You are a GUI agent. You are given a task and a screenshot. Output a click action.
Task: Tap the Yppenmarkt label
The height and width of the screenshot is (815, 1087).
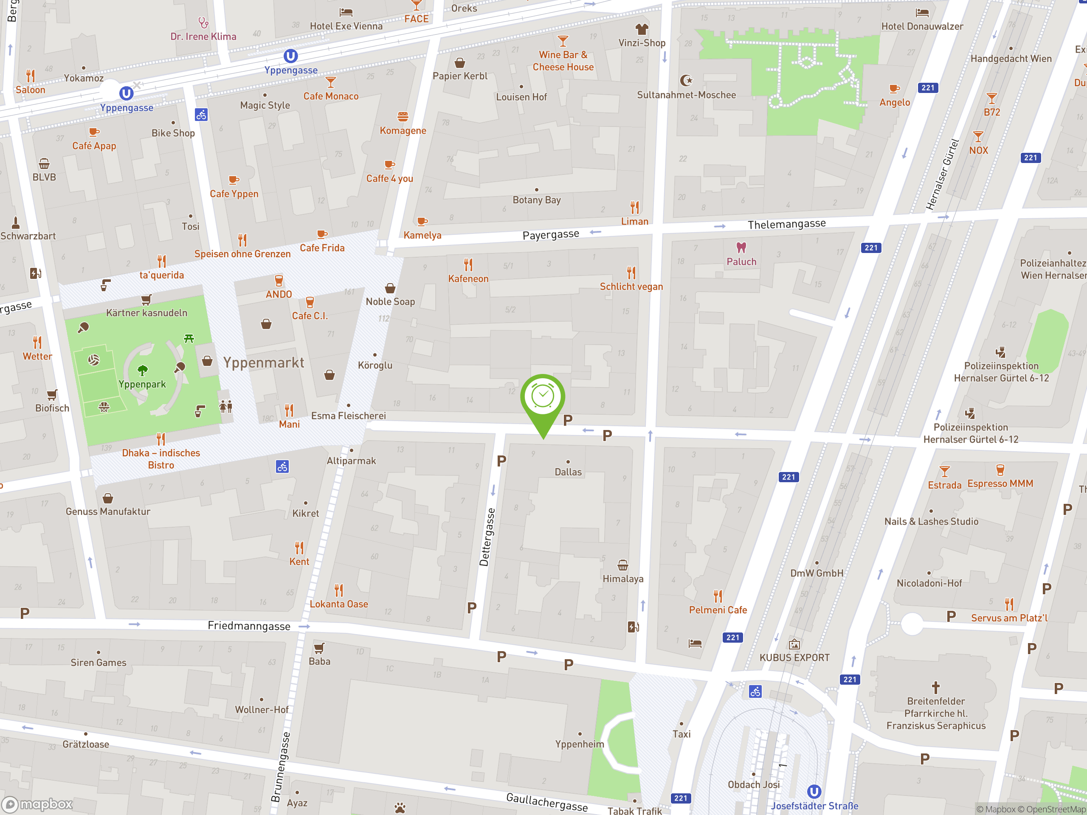click(x=264, y=363)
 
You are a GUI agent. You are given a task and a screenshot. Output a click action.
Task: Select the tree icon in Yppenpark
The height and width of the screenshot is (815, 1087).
click(x=143, y=370)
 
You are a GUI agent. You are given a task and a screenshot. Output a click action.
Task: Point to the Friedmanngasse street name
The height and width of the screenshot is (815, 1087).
click(x=249, y=625)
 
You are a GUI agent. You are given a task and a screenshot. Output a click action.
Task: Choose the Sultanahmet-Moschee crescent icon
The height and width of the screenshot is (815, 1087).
click(x=686, y=80)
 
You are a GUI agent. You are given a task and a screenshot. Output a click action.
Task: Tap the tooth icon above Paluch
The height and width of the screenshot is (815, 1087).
click(x=741, y=247)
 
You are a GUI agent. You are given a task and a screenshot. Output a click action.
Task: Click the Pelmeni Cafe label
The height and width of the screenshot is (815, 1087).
click(x=718, y=610)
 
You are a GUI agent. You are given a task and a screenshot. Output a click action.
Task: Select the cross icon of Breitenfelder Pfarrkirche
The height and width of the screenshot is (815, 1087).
click(x=936, y=687)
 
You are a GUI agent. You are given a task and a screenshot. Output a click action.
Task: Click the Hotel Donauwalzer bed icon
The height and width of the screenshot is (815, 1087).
click(x=922, y=13)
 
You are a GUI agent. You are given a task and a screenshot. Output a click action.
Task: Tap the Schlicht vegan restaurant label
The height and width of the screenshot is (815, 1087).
click(x=631, y=287)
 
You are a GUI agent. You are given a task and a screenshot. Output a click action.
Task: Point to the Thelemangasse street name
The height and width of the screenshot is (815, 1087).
click(x=786, y=224)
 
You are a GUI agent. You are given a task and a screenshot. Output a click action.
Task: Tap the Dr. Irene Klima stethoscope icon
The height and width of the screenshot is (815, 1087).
click(x=203, y=22)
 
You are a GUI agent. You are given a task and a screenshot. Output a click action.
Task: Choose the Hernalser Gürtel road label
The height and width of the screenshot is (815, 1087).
click(x=942, y=174)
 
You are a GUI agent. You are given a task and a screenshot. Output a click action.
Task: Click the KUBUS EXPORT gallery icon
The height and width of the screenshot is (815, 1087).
click(x=794, y=644)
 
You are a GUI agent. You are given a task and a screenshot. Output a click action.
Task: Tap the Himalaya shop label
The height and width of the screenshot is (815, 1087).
click(x=622, y=579)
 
